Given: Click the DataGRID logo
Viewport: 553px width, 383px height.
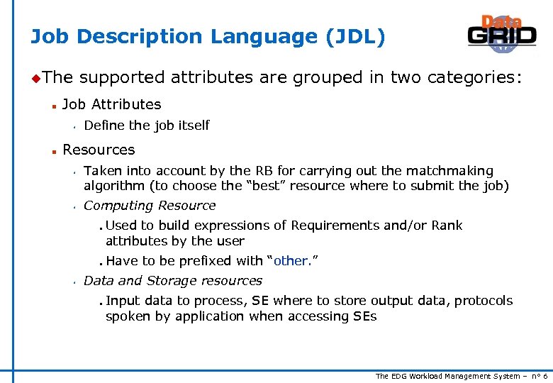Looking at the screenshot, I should pos(501,33).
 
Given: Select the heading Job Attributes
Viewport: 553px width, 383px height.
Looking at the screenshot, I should pos(112,105).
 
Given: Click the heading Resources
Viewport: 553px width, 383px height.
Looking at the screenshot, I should pos(99,150).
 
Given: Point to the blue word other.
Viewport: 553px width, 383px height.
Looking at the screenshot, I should pos(291,261).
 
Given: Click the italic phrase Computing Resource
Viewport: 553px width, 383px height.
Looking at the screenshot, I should pos(150,206).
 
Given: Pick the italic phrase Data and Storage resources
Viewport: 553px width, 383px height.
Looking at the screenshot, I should pos(173,281).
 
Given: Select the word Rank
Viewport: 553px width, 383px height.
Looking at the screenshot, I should pos(446,226).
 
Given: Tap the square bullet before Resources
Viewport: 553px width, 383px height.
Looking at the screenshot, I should pos(53,150).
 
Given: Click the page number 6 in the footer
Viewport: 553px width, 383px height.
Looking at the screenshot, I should pos(544,376).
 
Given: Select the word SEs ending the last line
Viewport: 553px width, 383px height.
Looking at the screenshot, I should pos(364,316).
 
